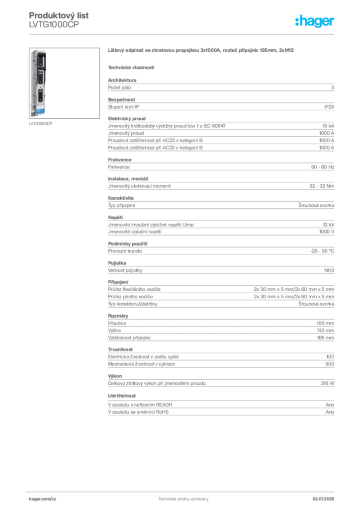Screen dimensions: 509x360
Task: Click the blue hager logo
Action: click(315, 21)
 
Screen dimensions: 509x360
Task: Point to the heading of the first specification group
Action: click(116, 79)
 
